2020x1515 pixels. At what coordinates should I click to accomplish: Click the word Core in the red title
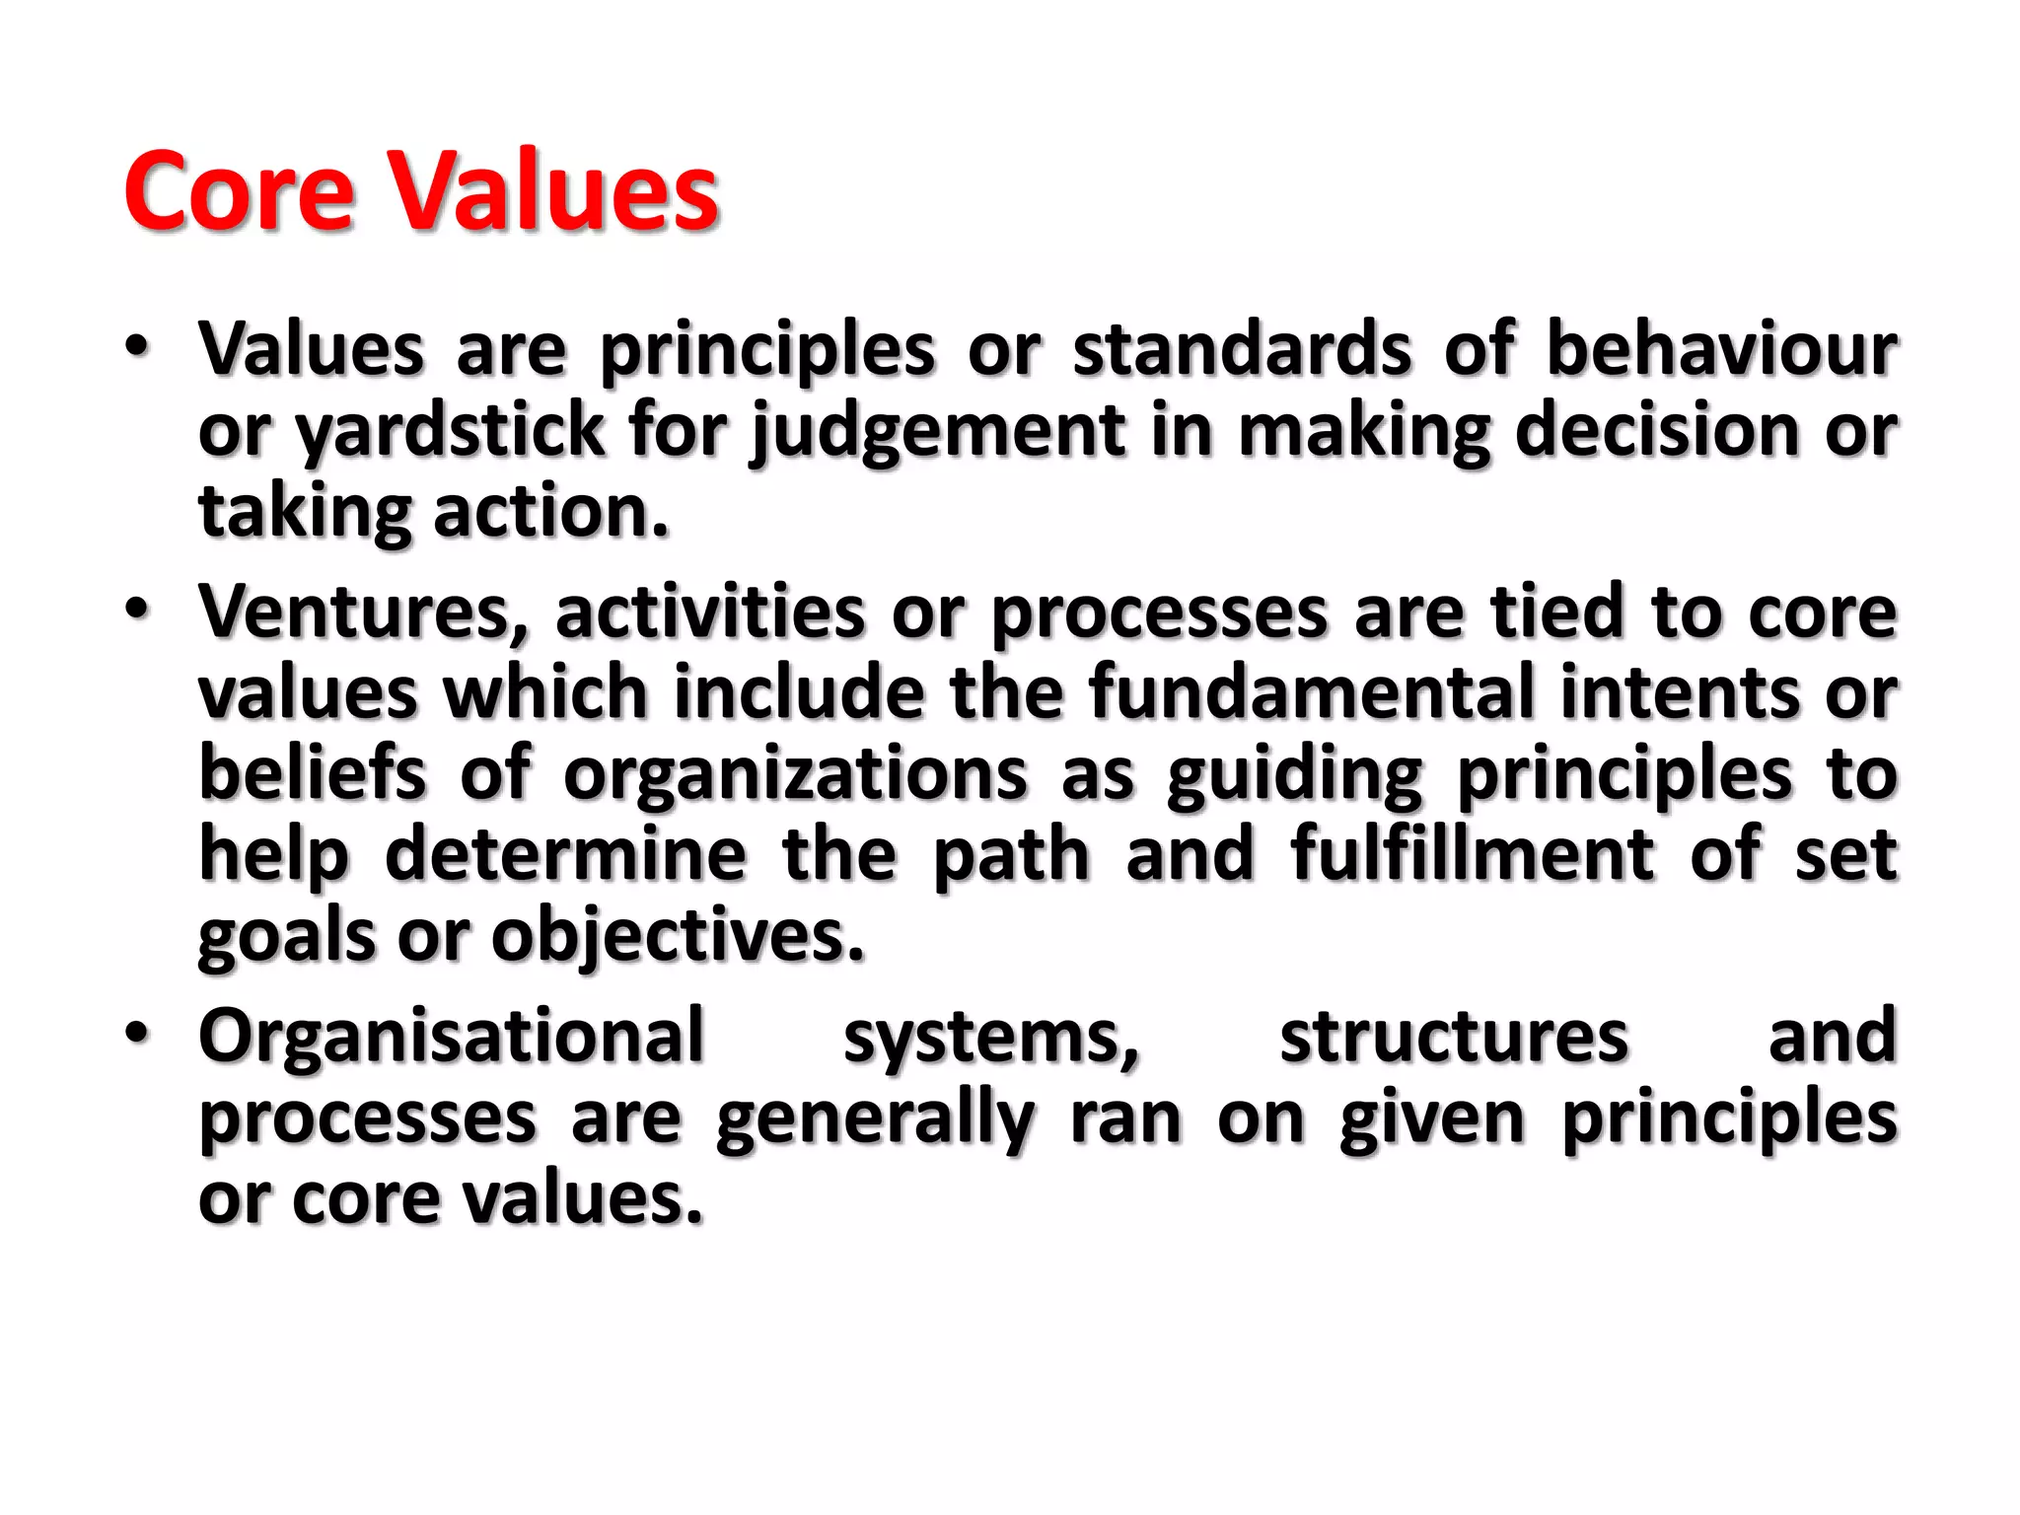click(239, 191)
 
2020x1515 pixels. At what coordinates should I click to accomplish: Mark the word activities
click(710, 612)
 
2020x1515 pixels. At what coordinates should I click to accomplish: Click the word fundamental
click(1312, 692)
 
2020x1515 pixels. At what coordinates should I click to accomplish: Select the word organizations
click(795, 773)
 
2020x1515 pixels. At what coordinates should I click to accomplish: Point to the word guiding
click(1294, 775)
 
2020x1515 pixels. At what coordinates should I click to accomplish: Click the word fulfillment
click(1473, 854)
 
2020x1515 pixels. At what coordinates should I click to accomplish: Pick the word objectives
click(678, 935)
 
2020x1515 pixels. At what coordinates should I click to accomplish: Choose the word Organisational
click(452, 1036)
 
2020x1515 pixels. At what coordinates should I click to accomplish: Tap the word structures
click(1454, 1036)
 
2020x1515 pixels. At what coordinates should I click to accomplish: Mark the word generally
click(875, 1118)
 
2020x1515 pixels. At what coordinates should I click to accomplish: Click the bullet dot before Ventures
click(137, 609)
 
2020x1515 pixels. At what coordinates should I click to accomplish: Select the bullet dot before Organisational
click(137, 1033)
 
